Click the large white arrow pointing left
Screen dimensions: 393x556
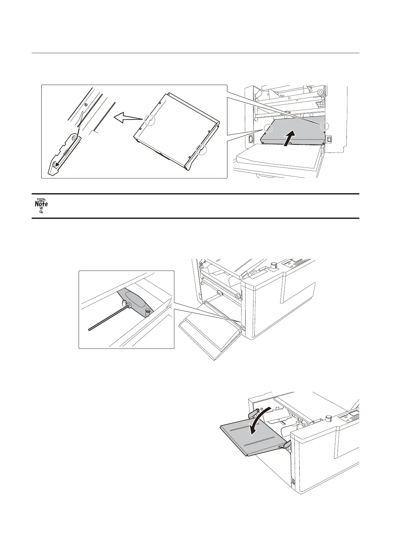(x=126, y=118)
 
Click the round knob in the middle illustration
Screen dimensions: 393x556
(x=273, y=265)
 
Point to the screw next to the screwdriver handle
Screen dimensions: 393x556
(x=148, y=311)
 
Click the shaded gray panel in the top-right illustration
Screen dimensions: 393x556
(x=294, y=130)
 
